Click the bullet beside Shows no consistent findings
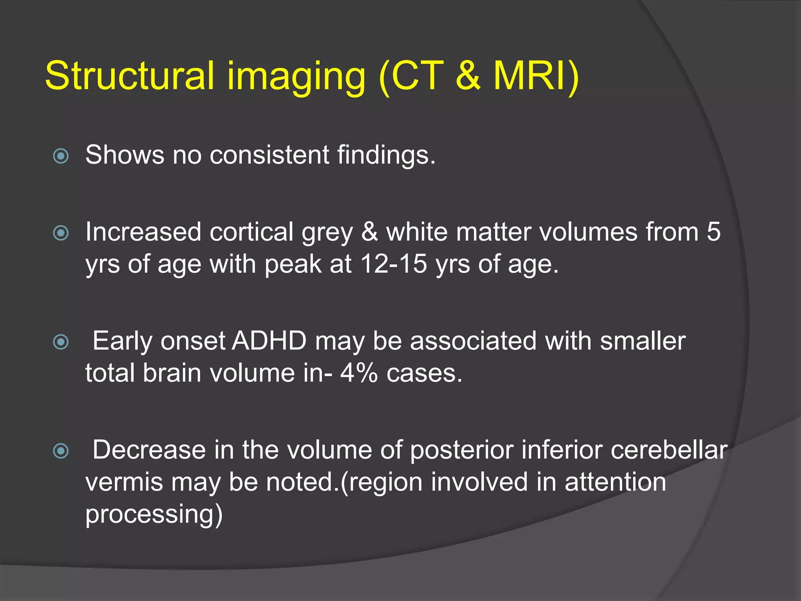[61, 156]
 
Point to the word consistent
[269, 155]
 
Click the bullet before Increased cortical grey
[61, 233]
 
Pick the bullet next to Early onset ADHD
[61, 342]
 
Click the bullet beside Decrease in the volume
[61, 451]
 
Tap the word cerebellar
[669, 450]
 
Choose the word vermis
[124, 482]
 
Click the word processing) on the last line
[154, 514]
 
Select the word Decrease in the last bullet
[149, 450]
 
